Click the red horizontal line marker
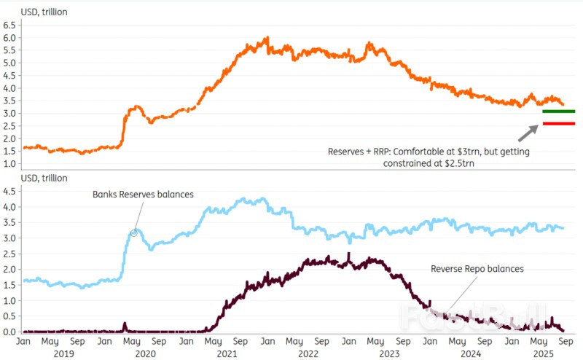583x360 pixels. pos(559,124)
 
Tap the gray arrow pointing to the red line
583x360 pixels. pos(528,133)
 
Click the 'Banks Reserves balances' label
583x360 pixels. pos(143,195)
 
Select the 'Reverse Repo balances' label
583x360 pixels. pos(477,269)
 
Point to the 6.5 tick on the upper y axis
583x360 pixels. pos(11,24)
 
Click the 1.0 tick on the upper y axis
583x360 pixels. pos(11,163)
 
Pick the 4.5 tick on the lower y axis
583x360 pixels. pos(11,192)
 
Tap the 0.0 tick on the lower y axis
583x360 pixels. pos(11,332)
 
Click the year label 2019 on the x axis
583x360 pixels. pos(63,353)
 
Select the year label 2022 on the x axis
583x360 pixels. pos(308,353)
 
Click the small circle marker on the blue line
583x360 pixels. pos(133,233)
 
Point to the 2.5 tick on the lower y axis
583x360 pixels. pos(11,254)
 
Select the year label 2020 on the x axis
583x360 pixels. pos(145,353)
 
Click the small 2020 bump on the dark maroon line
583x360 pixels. pos(125,324)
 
